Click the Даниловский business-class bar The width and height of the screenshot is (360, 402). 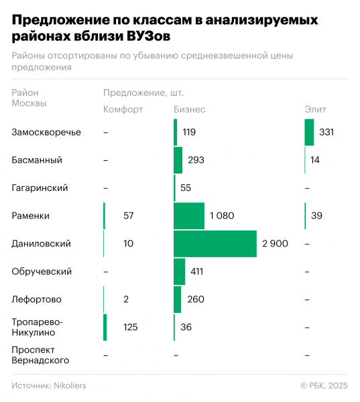coord(215,244)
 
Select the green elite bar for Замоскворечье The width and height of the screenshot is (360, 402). coord(309,132)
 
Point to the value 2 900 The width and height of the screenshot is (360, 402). coord(275,244)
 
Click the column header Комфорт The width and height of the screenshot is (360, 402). coord(123,109)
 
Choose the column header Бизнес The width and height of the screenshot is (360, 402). coord(189,109)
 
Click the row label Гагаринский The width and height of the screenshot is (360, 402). coord(40,188)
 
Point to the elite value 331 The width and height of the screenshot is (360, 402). coord(326,132)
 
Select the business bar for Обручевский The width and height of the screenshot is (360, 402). coord(179,272)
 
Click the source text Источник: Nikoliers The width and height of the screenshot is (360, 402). coord(49,385)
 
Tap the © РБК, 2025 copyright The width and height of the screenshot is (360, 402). coord(324,385)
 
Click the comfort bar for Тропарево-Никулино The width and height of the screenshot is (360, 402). coord(105,328)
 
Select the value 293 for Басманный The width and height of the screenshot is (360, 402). coord(196,160)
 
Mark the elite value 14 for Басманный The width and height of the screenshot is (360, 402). coord(315,160)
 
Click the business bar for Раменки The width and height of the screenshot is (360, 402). coord(188,216)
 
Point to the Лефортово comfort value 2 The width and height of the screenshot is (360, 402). coord(127,299)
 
